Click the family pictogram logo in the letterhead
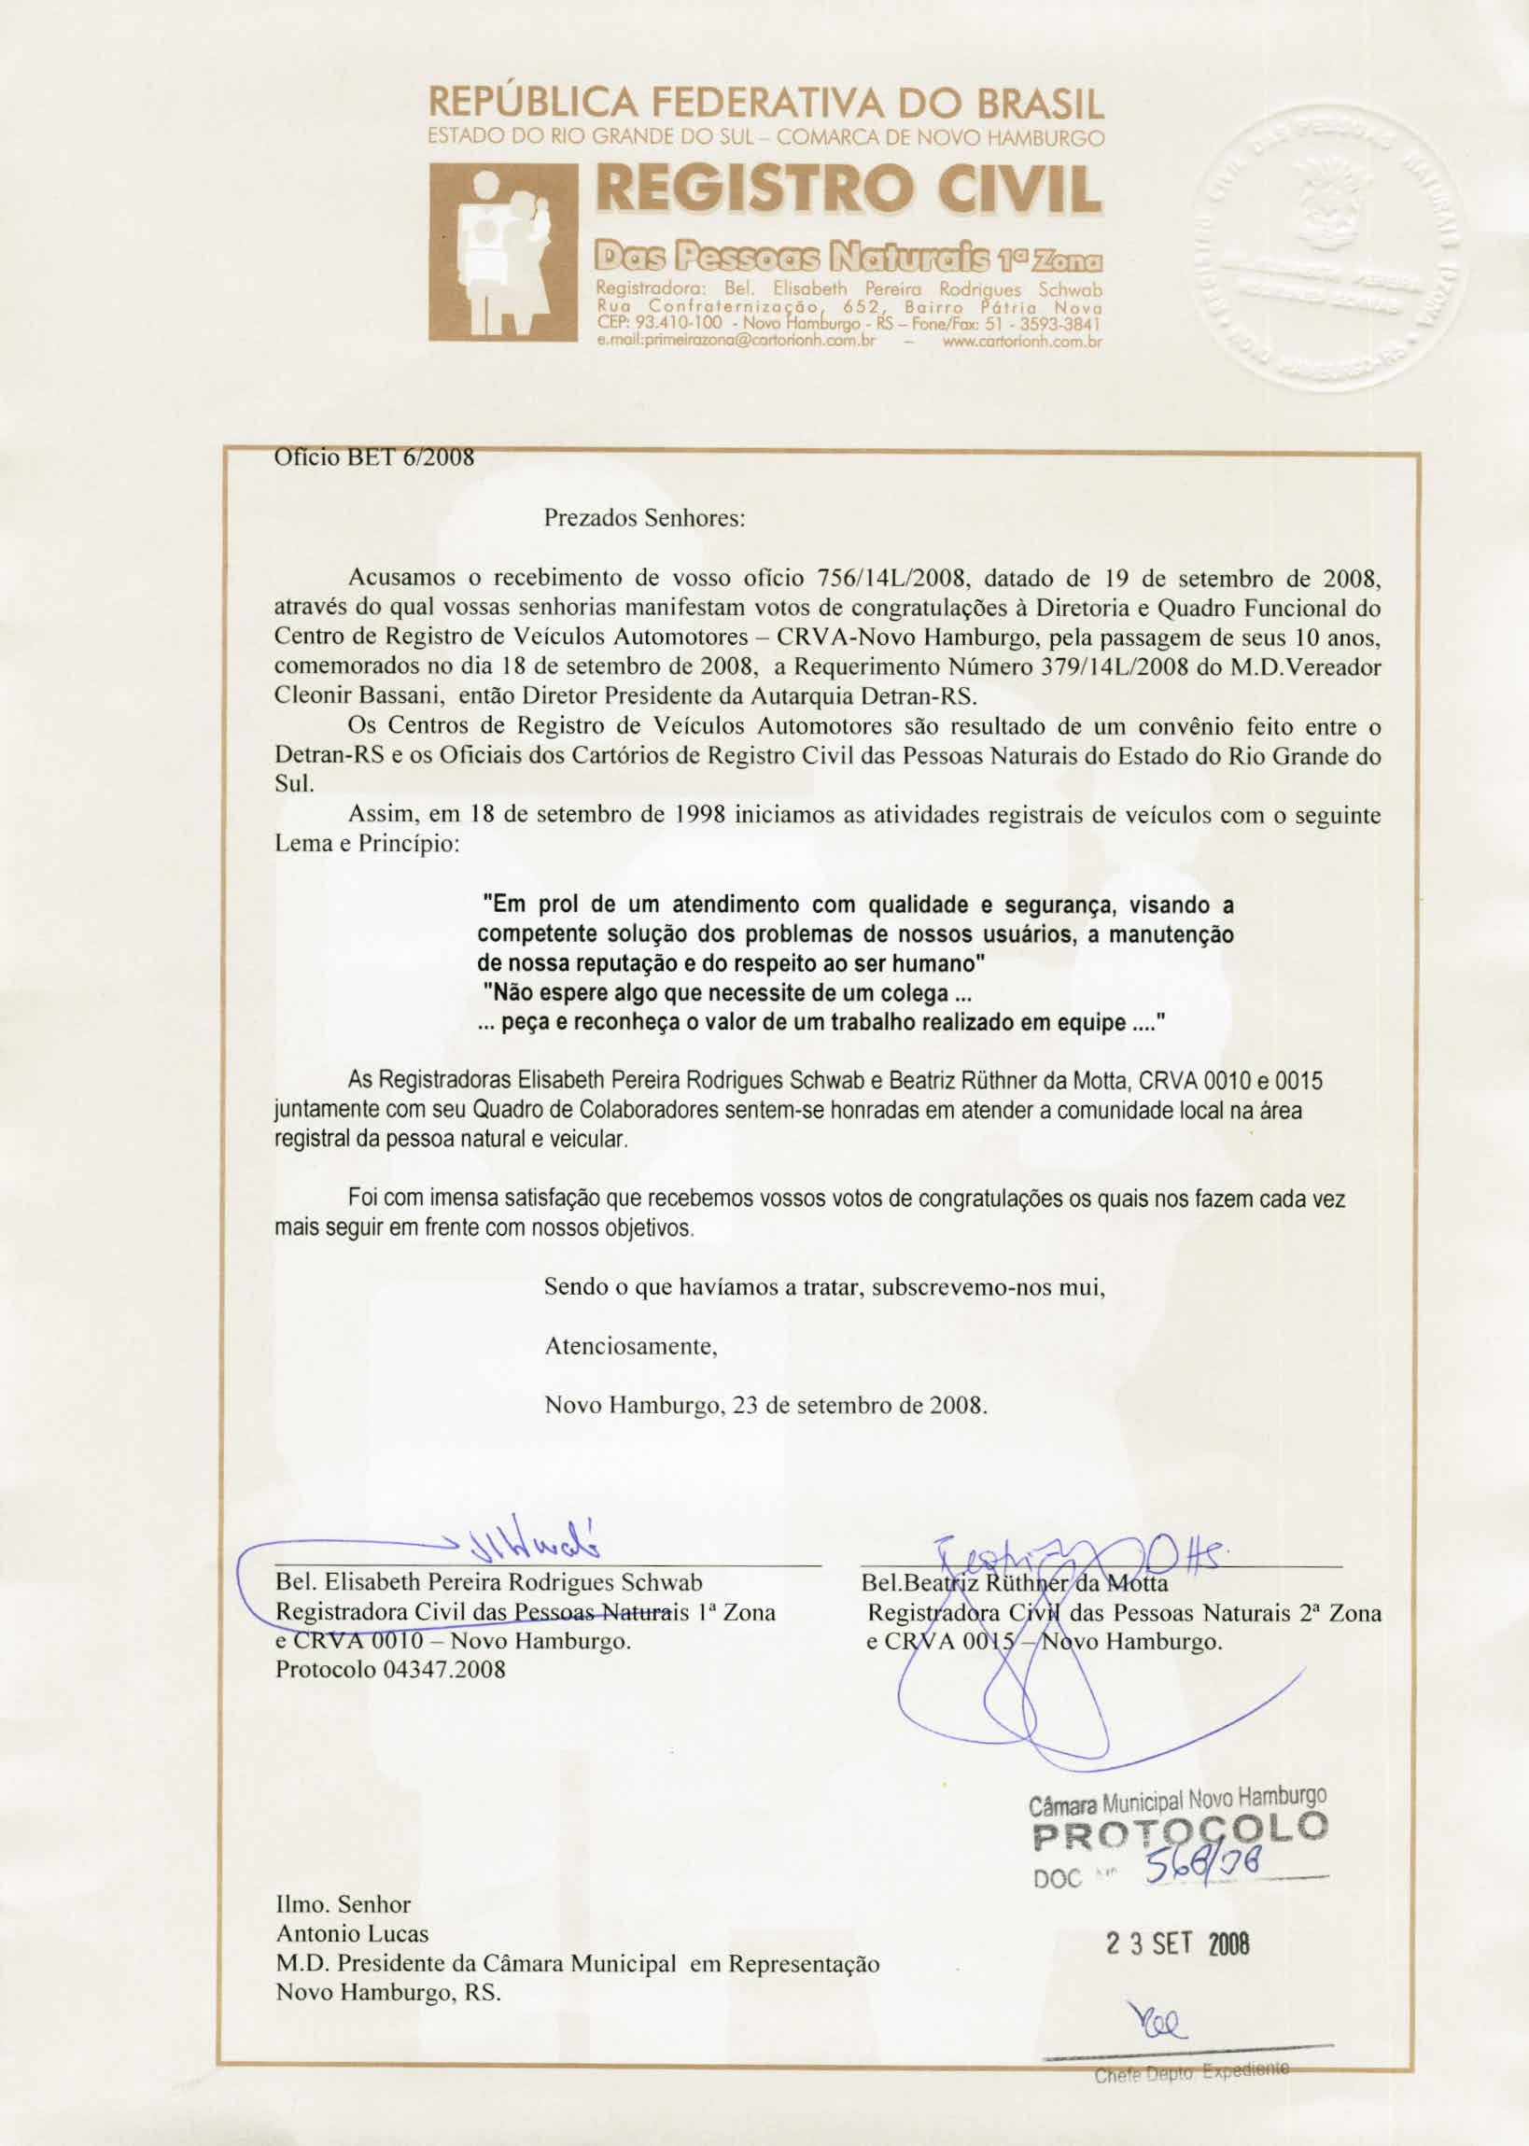[503, 252]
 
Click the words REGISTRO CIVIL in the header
[849, 189]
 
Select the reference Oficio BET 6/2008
[373, 457]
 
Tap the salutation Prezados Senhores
[644, 519]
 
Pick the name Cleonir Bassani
[353, 696]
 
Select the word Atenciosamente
[631, 1346]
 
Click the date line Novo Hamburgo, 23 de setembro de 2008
[765, 1405]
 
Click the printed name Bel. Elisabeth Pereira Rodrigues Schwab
[488, 1582]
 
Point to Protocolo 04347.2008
[390, 1669]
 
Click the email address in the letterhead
[736, 342]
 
